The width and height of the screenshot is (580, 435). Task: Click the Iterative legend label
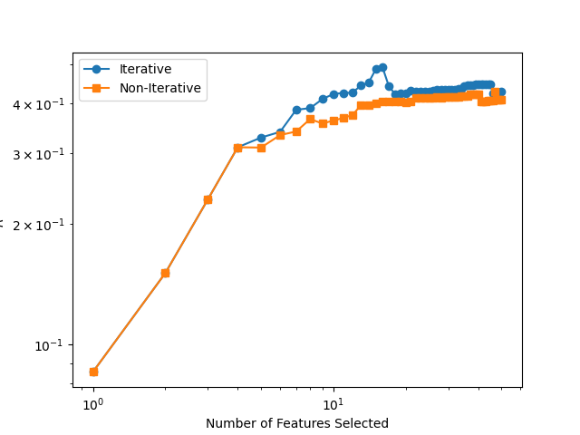pyautogui.click(x=145, y=69)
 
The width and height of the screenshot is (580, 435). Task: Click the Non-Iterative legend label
pyautogui.click(x=159, y=89)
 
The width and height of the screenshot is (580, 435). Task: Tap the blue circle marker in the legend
pyautogui.click(x=98, y=69)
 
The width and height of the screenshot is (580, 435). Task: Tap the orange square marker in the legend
pyautogui.click(x=98, y=89)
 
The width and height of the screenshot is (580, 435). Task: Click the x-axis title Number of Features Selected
pyautogui.click(x=297, y=423)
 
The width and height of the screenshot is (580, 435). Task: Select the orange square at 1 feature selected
pyautogui.click(x=93, y=372)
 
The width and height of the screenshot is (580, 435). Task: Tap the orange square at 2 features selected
pyautogui.click(x=165, y=273)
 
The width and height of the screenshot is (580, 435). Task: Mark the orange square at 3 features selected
pyautogui.click(x=208, y=199)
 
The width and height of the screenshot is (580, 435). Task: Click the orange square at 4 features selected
pyautogui.click(x=237, y=148)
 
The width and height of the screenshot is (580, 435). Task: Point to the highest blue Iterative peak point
pyautogui.click(x=382, y=67)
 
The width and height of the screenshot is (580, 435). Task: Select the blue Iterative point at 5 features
pyautogui.click(x=261, y=138)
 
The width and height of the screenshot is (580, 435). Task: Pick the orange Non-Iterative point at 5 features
pyautogui.click(x=261, y=148)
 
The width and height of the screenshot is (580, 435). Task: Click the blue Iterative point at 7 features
pyautogui.click(x=296, y=110)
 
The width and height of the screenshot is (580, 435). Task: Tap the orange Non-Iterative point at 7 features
pyautogui.click(x=296, y=131)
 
